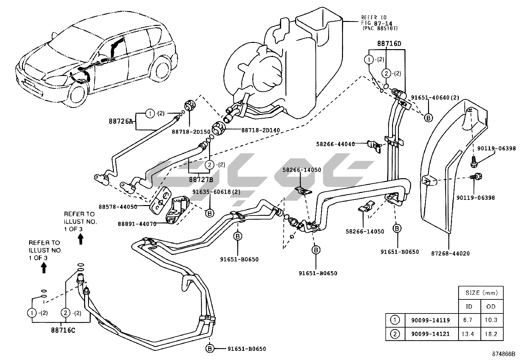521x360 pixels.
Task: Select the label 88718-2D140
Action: coord(260,130)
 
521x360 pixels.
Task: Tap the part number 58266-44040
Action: coord(335,144)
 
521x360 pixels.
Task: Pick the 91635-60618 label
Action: coord(216,192)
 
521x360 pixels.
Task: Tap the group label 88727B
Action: coord(201,179)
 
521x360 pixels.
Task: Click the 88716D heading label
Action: coord(389,43)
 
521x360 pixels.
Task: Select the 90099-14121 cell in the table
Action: coord(430,334)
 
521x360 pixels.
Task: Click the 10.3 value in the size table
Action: coord(491,320)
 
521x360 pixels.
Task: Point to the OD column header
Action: coord(491,306)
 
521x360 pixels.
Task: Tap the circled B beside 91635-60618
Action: coord(209,213)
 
